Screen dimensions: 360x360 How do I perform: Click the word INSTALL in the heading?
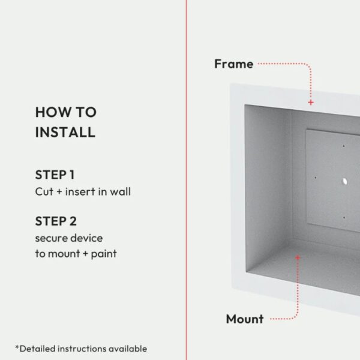coord(65,132)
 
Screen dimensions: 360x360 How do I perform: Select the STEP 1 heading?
coord(55,175)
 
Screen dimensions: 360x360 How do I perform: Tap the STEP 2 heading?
coord(56,221)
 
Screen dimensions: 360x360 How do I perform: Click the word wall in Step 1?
coord(121,191)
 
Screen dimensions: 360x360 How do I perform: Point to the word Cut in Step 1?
coord(44,191)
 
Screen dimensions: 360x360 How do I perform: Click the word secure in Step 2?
coord(54,239)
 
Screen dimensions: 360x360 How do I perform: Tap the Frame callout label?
coord(234,64)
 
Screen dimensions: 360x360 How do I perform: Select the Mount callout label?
coord(245,319)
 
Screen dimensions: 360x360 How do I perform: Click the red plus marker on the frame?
coord(311,103)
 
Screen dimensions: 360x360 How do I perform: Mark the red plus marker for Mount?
coord(298,257)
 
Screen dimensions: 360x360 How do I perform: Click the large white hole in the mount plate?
coord(344,182)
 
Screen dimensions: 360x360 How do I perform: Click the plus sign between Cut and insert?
coord(59,192)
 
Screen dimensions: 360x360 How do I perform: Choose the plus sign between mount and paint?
coord(85,254)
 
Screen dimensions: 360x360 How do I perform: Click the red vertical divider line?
coord(186,180)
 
